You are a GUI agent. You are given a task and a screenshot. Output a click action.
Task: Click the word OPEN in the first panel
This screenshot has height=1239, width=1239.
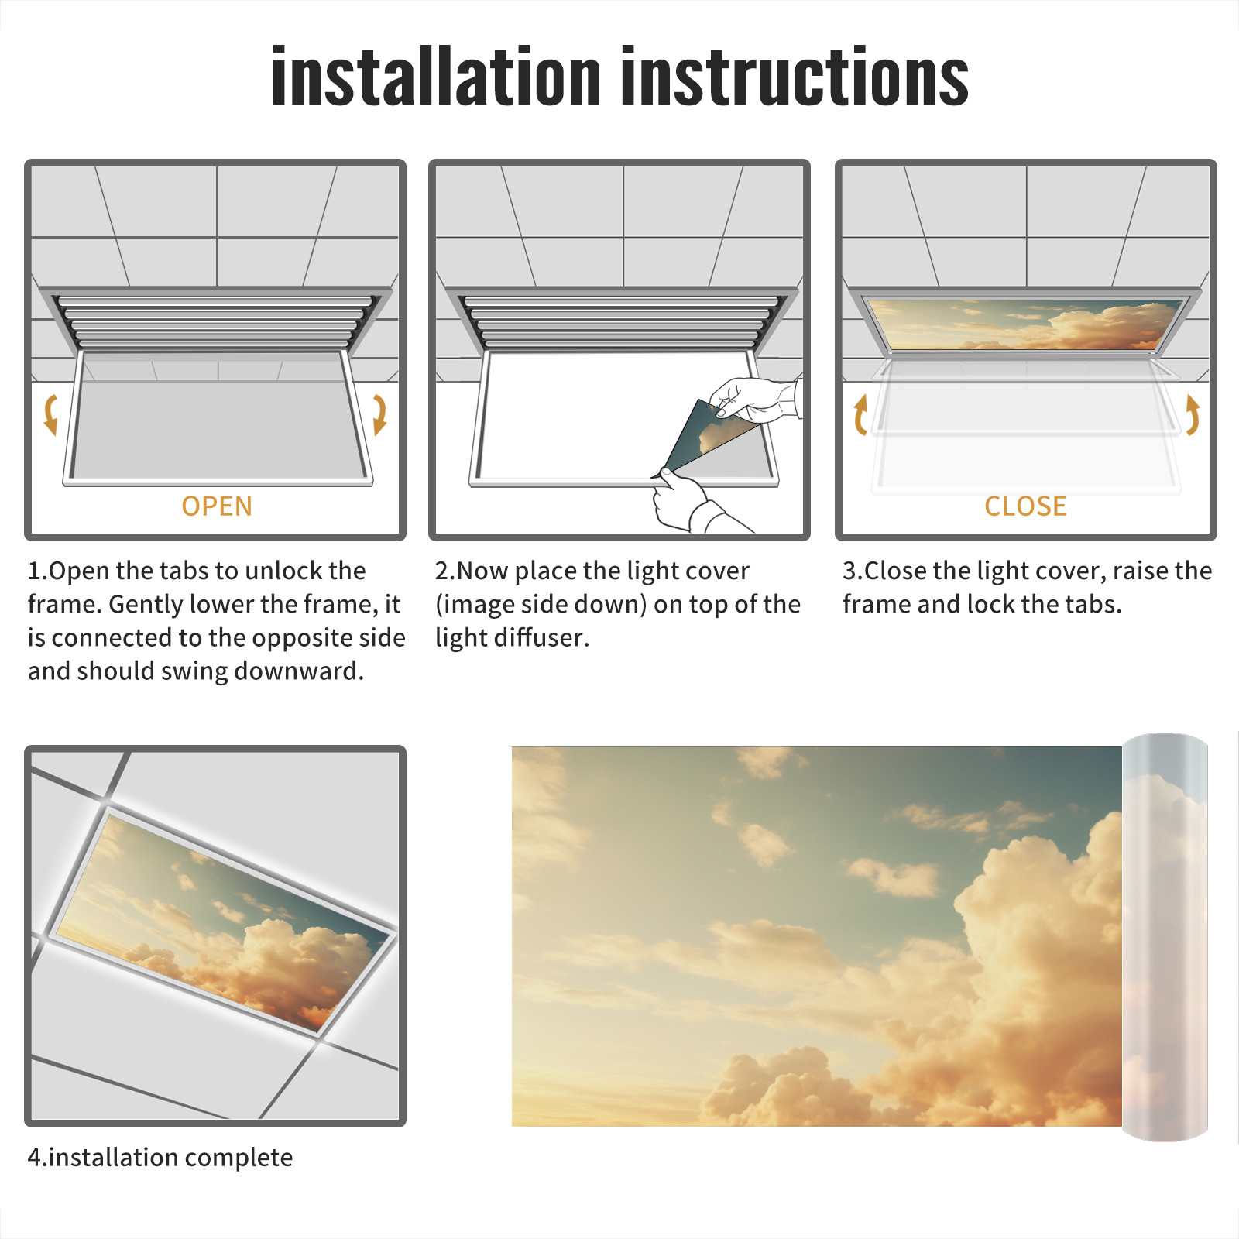pos(217,506)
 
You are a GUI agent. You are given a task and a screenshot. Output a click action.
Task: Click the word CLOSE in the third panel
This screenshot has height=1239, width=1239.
pos(1025,506)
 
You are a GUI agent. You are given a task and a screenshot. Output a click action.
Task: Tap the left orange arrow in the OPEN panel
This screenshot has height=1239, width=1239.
pos(51,414)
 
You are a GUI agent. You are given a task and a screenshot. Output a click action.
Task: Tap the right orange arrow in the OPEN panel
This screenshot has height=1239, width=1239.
pos(379,414)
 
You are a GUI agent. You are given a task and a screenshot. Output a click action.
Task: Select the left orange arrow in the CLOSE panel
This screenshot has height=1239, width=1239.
pos(860,414)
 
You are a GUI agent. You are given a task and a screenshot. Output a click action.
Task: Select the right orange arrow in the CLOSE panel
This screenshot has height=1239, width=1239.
pos(1193,414)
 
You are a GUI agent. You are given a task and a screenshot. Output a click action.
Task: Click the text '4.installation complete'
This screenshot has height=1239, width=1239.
pos(160,1158)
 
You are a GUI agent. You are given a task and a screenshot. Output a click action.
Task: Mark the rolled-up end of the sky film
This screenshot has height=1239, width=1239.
pos(1165,937)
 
